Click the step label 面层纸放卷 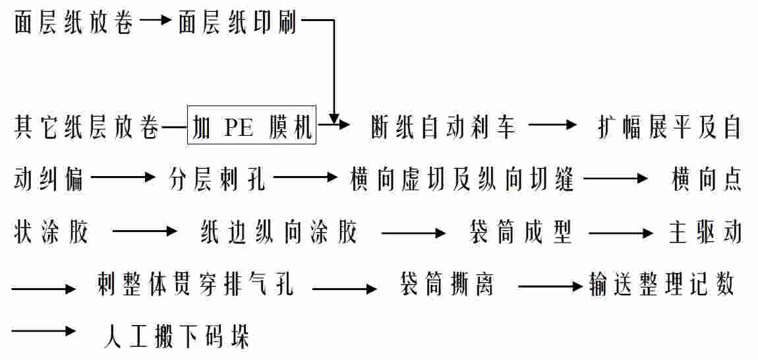pyautogui.click(x=74, y=23)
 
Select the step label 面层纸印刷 pyautogui.click(x=237, y=23)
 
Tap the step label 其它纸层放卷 pyautogui.click(x=86, y=127)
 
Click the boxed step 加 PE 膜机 pyautogui.click(x=252, y=126)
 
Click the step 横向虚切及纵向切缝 pyautogui.click(x=462, y=179)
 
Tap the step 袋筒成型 pyautogui.click(x=520, y=232)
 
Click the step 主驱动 pyautogui.click(x=705, y=232)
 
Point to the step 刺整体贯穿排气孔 pyautogui.click(x=194, y=286)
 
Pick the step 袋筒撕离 pyautogui.click(x=448, y=286)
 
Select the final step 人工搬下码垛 pyautogui.click(x=177, y=337)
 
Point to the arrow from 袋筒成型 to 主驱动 pyautogui.click(x=620, y=232)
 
